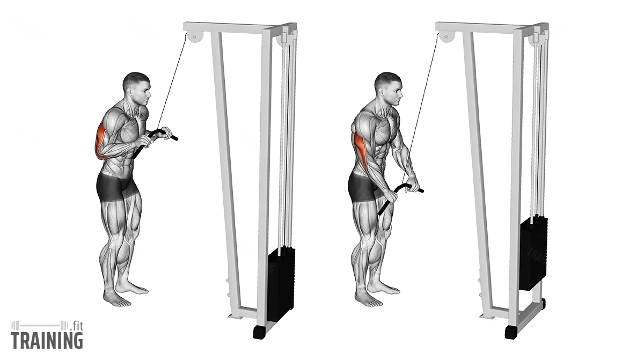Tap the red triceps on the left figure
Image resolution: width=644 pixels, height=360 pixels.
(x=100, y=141)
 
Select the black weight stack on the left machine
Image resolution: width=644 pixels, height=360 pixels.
(x=281, y=284)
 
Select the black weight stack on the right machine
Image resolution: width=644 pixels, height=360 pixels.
(x=533, y=253)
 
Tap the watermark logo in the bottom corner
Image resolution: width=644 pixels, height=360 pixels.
(x=47, y=336)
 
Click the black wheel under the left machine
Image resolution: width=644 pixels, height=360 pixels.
(x=259, y=332)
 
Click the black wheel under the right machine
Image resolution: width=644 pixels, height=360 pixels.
(x=511, y=332)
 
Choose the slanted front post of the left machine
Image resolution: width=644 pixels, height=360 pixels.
(x=225, y=161)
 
